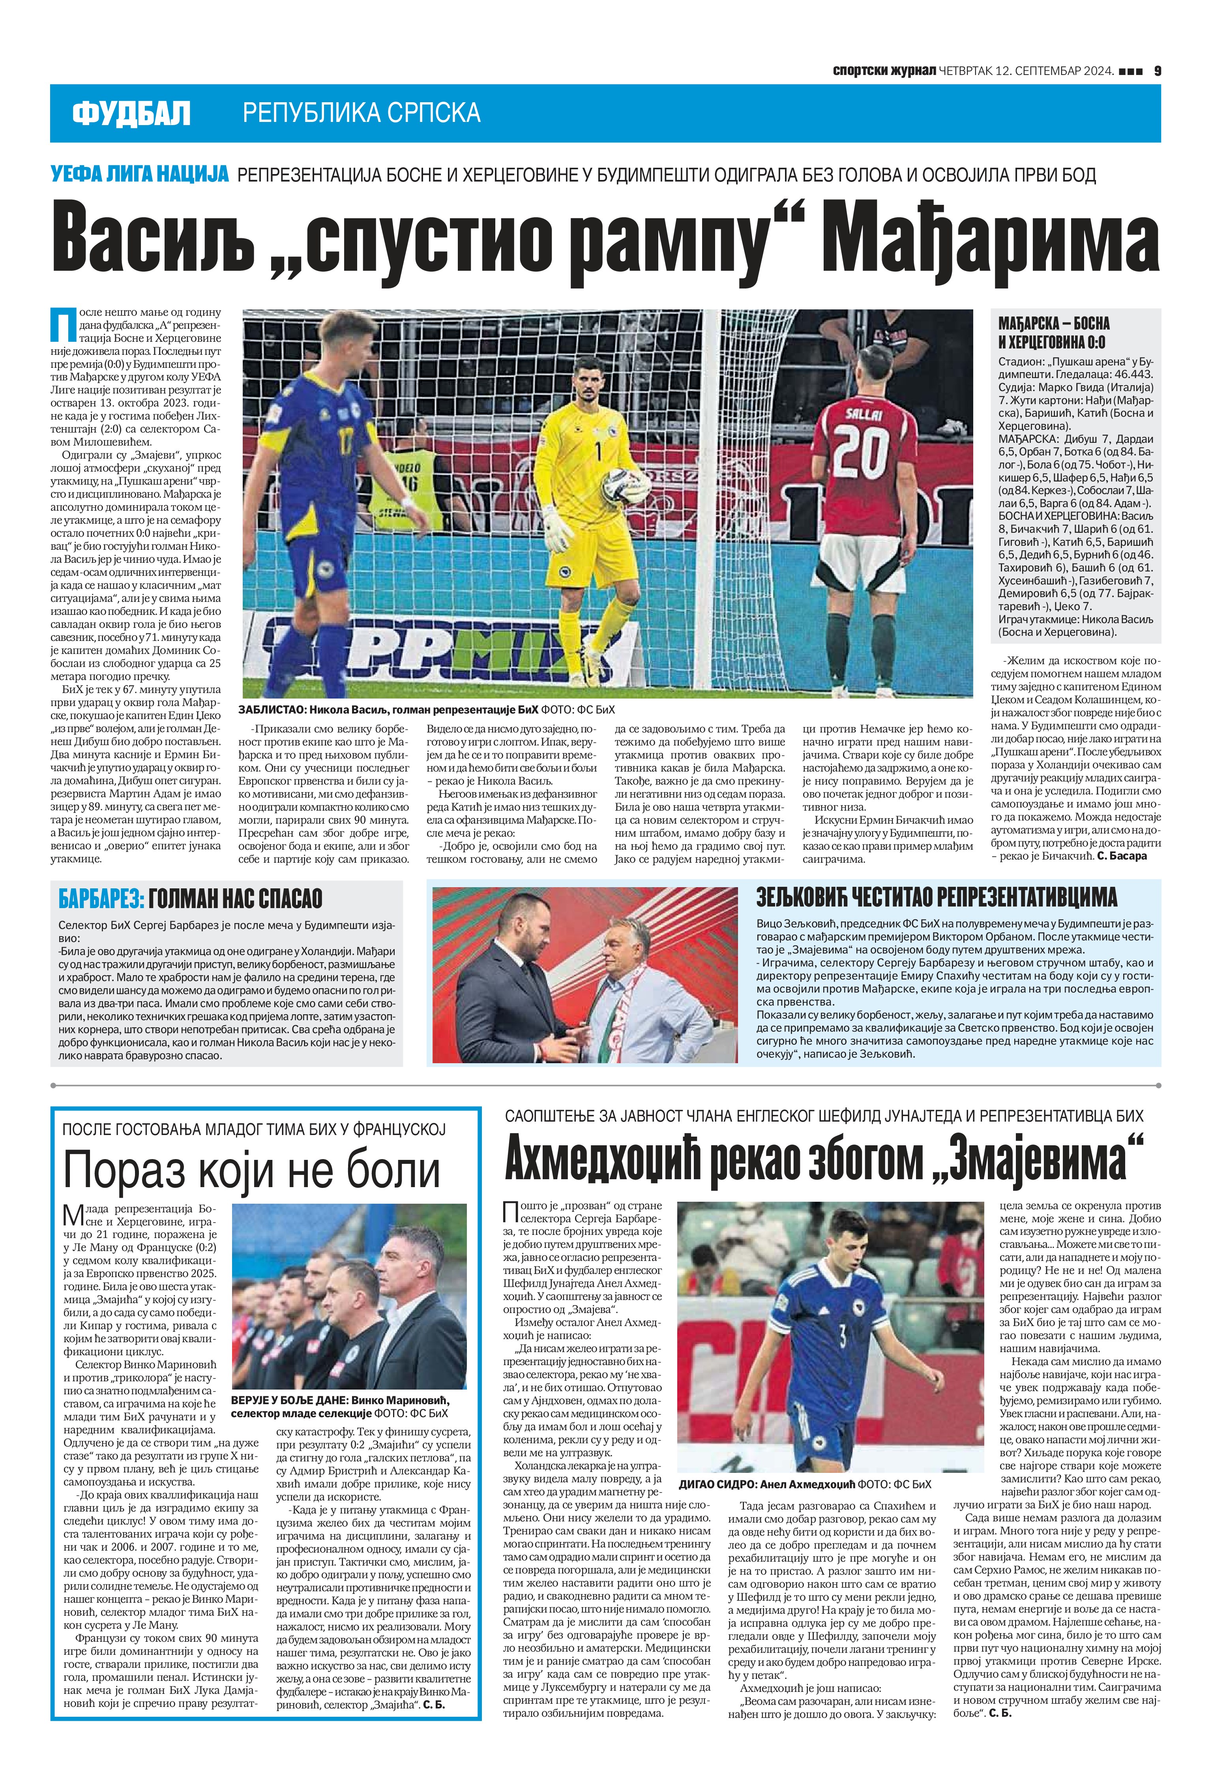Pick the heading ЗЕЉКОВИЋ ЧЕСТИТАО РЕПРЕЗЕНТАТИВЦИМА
pos(937,897)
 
